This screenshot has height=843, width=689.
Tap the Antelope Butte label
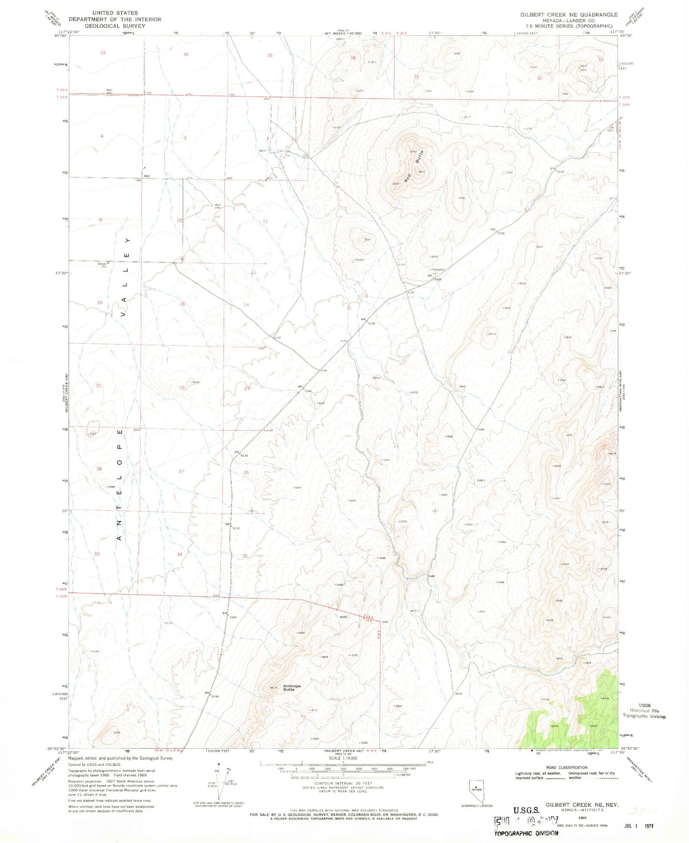point(292,687)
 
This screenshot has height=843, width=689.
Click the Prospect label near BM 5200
point(437,270)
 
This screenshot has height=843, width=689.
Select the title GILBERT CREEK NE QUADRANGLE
point(568,15)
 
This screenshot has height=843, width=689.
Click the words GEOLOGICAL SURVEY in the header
point(114,26)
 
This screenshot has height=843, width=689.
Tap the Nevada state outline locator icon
point(476,787)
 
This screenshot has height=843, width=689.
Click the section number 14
point(247,305)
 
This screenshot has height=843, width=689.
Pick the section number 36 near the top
point(353,58)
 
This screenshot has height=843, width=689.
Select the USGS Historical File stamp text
point(644,711)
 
